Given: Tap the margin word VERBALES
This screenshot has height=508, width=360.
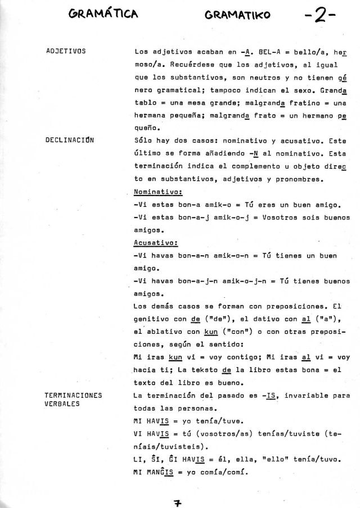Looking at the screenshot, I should [x=62, y=404].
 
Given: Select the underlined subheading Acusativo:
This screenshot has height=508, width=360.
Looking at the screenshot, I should [x=156, y=243].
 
